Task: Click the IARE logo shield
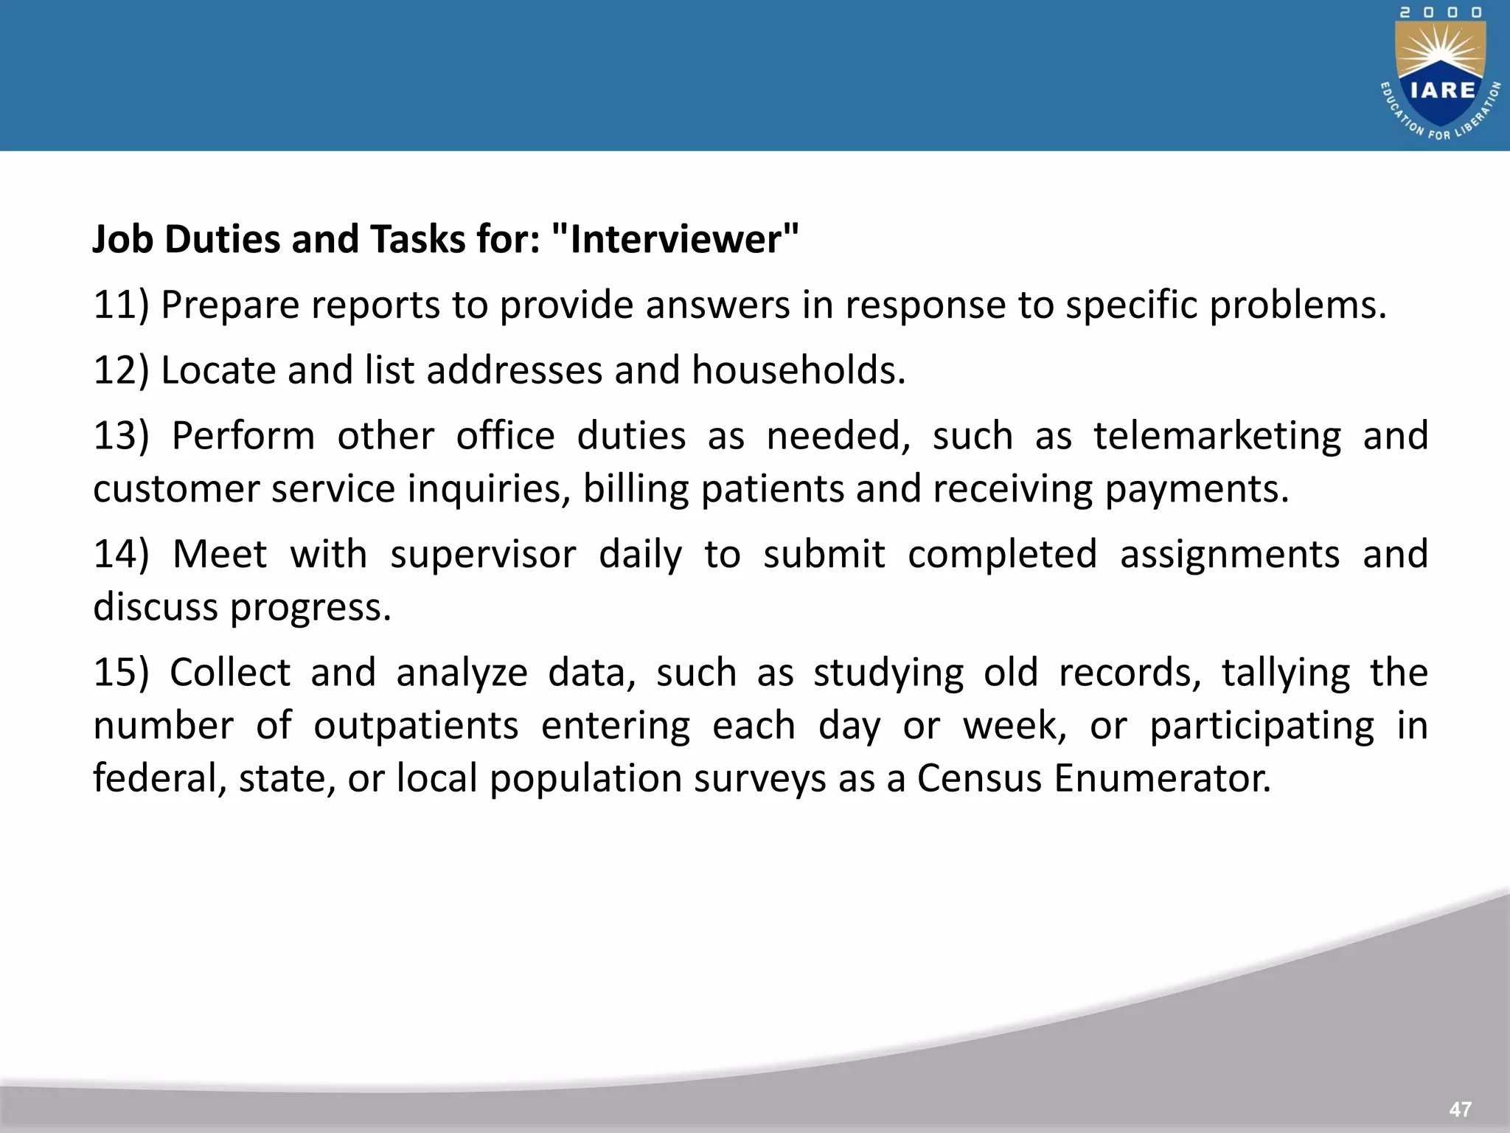pos(1441,81)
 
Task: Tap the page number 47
pos(1460,1109)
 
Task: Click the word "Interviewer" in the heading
pos(674,240)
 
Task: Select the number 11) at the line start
pos(121,305)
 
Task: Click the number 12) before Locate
pos(121,370)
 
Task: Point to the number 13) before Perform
pos(121,435)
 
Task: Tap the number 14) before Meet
pos(121,554)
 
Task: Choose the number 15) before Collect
pos(121,672)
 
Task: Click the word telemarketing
pos(1217,435)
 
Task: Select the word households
pos(798,370)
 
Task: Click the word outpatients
pos(416,726)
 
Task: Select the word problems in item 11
pos(1298,305)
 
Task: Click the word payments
pos(1196,489)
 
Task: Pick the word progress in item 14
pos(310,608)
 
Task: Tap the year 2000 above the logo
pos(1441,13)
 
